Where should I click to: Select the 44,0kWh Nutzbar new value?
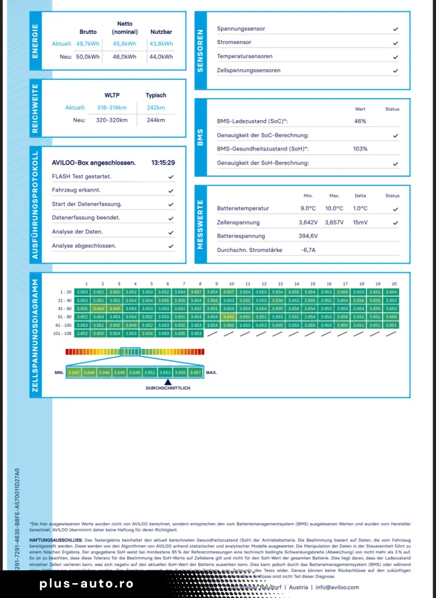(161, 56)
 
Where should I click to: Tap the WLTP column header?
(112, 95)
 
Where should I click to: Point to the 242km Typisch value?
(156, 108)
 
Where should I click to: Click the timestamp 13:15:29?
(163, 163)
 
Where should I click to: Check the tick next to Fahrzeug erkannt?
(171, 190)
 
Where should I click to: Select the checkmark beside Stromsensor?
(396, 43)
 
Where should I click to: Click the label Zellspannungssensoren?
(248, 70)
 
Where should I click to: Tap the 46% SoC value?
(360, 121)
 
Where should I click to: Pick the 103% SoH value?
(360, 149)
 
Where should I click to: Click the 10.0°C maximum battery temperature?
(334, 209)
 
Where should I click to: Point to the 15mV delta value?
(360, 223)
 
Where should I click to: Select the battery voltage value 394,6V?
(309, 236)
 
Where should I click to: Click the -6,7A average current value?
(309, 250)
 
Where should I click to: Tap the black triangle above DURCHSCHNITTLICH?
(167, 382)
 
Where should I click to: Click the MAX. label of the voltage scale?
(211, 373)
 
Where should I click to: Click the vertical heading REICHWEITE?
(35, 109)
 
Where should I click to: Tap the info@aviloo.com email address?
(337, 587)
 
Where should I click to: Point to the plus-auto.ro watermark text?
(86, 584)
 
